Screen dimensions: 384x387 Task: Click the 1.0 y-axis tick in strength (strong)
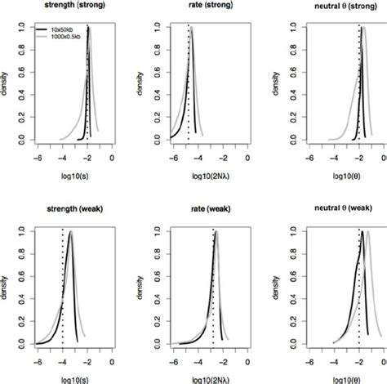tap(23, 25)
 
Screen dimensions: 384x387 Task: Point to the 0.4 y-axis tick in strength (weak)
tap(23, 298)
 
